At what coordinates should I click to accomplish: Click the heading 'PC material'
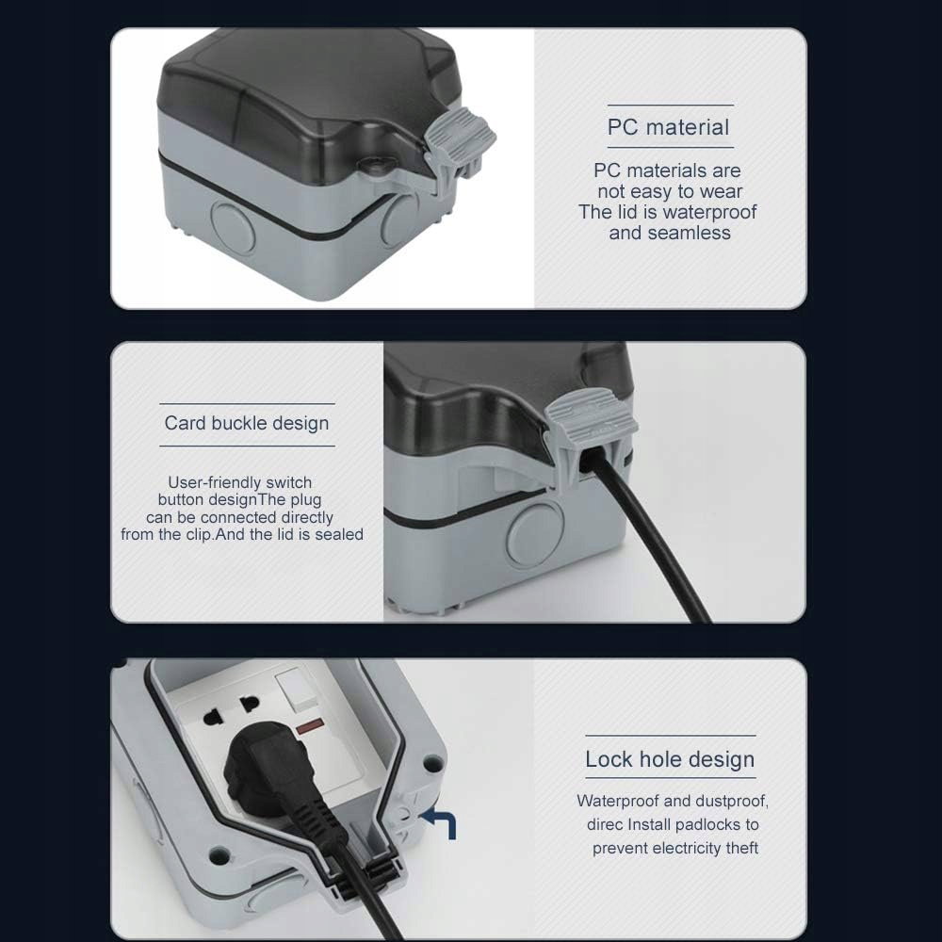coord(668,127)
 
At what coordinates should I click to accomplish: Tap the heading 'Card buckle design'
coord(247,424)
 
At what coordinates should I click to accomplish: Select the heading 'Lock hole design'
coord(670,759)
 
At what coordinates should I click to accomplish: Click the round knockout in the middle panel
coord(535,534)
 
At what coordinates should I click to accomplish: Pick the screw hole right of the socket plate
coord(432,764)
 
